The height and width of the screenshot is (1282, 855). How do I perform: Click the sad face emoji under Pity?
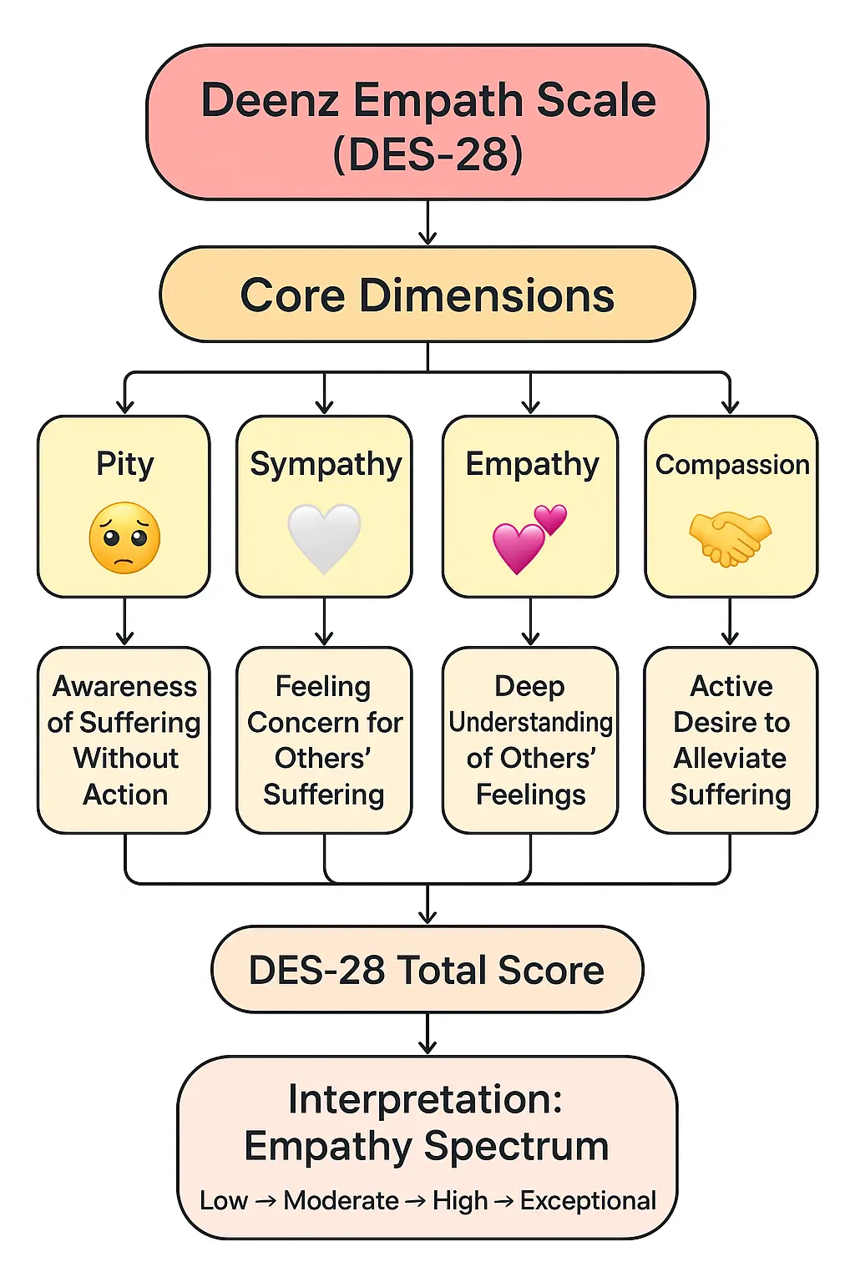point(124,538)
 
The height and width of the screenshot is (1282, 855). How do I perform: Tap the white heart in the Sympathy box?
point(324,538)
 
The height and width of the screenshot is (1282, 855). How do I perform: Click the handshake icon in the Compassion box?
point(730,539)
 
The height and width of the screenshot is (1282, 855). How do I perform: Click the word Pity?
point(124,464)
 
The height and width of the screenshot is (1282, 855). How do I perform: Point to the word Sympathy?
point(326,464)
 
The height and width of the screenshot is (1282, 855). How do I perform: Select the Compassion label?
point(731,464)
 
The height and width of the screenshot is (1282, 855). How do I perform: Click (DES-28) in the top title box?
point(427,154)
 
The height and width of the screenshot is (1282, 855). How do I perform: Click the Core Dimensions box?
point(427,295)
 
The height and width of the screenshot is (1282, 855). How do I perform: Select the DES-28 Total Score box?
point(427,970)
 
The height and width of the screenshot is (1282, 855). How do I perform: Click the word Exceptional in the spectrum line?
point(588,1200)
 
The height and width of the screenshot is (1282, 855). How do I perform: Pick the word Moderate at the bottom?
point(341,1200)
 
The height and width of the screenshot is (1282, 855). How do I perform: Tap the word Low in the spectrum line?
point(223,1200)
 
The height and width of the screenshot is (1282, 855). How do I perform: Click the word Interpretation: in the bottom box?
point(426,1099)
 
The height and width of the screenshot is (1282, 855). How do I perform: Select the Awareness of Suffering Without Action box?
point(124,740)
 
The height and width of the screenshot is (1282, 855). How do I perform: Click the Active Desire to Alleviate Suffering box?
point(731,740)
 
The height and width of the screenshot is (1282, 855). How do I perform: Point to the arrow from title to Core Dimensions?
point(427,223)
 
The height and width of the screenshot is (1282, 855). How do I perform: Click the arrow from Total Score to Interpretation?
point(427,1035)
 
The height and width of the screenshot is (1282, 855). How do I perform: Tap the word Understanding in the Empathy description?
point(530,722)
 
